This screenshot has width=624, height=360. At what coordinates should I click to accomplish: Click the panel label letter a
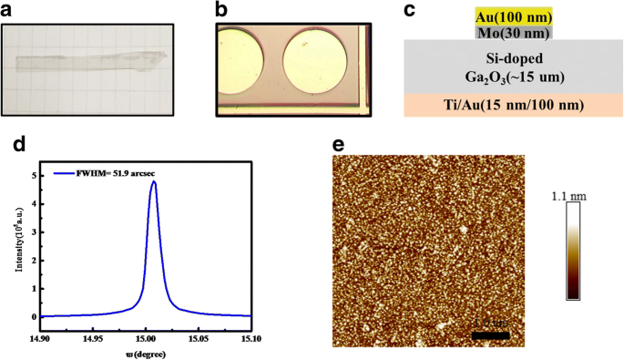click(7, 10)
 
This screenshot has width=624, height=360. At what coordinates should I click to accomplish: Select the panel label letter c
click(410, 10)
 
